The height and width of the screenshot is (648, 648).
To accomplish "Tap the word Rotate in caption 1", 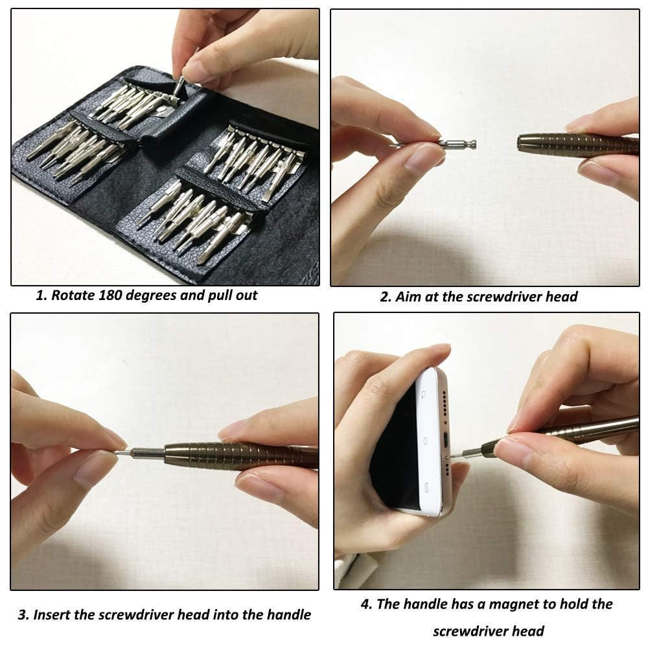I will point(74,295).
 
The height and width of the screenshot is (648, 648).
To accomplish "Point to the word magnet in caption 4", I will point(513,604).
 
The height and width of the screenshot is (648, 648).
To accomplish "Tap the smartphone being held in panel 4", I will point(415,441).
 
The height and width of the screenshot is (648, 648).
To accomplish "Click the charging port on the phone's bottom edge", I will point(447,438).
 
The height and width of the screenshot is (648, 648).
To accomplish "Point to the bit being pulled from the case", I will point(177,85).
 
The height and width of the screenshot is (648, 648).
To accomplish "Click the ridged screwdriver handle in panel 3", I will point(240,456).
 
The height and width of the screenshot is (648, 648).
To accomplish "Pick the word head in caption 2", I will point(562,297).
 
